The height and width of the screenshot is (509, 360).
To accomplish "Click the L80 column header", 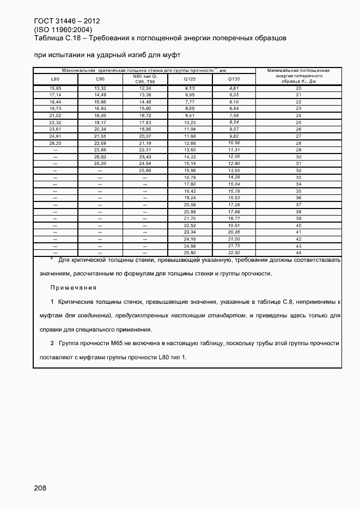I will [x=55, y=79].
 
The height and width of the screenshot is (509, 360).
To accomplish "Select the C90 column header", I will [x=100, y=79].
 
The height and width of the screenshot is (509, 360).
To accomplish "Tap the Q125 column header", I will [x=190, y=79].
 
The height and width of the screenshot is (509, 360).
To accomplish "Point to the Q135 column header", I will [x=234, y=79].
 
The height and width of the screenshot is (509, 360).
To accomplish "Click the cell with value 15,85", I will [x=55, y=88].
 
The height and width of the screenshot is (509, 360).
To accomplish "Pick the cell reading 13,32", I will [x=100, y=88].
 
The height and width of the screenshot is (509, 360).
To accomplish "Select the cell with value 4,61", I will [x=234, y=88].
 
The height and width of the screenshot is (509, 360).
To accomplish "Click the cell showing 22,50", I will [x=234, y=253].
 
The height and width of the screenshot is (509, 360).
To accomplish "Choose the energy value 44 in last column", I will [x=298, y=253].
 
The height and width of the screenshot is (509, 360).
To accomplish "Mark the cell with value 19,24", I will [x=190, y=198].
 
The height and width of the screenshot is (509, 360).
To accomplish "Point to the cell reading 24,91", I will [x=55, y=136].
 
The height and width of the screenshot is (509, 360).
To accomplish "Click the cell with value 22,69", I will [x=100, y=143].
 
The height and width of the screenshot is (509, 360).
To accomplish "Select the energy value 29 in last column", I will [x=298, y=150].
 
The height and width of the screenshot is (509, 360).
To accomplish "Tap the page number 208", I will [x=40, y=488].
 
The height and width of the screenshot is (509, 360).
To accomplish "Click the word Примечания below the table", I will [x=74, y=287].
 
